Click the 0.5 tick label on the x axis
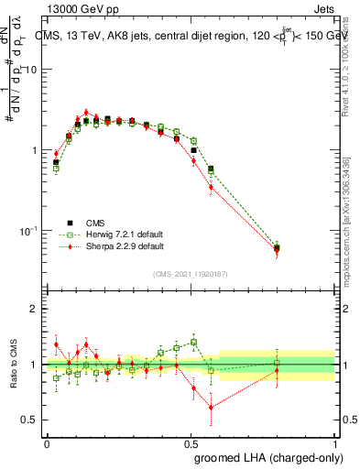191,442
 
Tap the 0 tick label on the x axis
47,442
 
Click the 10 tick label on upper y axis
31,70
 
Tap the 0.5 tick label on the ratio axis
29,420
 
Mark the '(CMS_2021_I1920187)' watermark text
191,274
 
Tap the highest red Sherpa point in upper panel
86,113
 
